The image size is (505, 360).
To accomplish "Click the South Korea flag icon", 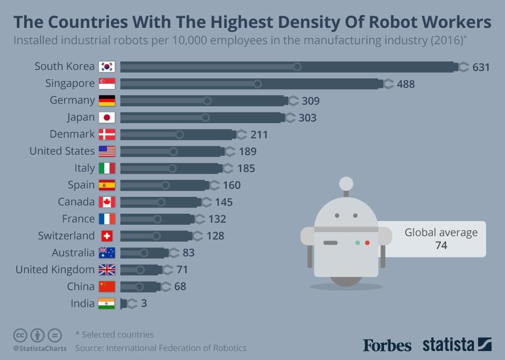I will tap(107, 67).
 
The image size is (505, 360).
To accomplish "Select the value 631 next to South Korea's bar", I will tap(481, 67).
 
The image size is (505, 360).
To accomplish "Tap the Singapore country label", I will tap(70, 84).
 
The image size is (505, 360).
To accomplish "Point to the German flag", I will tap(107, 101).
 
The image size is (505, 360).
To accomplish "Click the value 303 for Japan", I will tap(307, 118).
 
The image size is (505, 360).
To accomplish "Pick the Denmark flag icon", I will tap(107, 134).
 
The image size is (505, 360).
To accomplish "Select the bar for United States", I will tap(170, 152).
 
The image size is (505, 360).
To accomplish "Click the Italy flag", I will tap(107, 168).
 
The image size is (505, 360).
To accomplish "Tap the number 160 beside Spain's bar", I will tap(231, 185).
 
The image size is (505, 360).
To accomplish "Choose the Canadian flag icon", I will tap(107, 202).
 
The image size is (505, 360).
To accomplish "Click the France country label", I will tap(78, 219).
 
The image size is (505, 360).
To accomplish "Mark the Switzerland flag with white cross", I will tap(107, 236).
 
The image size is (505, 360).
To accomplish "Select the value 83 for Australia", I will tap(188, 253).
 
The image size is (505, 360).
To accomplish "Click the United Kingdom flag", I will tap(107, 270).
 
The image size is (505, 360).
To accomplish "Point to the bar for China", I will tap(140, 287).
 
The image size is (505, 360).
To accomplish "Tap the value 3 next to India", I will tap(144, 304).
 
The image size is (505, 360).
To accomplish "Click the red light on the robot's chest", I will tap(367, 243).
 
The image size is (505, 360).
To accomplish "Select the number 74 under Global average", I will tap(441, 245).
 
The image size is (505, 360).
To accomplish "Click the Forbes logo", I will tap(387, 345).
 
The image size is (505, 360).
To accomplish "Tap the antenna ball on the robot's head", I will tap(346, 183).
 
